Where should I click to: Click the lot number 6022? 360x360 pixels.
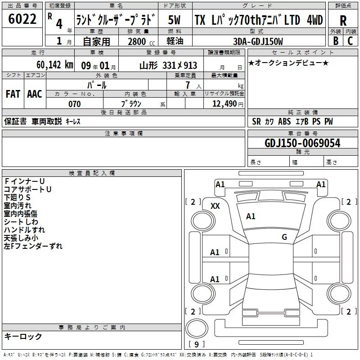[x=22, y=19]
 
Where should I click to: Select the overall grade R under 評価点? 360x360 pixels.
[x=343, y=20]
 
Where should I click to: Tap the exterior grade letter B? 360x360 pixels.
[x=335, y=40]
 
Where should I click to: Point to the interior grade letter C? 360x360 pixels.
[x=350, y=40]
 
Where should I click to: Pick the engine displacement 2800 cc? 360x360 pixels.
[x=138, y=41]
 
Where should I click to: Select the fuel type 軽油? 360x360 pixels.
[x=175, y=41]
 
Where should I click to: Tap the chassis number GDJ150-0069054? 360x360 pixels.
[x=302, y=143]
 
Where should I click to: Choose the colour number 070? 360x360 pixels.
[x=74, y=104]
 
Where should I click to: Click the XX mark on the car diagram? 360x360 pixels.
[x=215, y=206]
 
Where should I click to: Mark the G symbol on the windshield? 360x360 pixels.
[x=284, y=237]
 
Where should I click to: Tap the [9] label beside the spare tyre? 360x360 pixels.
[x=196, y=345]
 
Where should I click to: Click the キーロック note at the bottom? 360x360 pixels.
[x=23, y=336]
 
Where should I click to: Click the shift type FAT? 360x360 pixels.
[x=13, y=94]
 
